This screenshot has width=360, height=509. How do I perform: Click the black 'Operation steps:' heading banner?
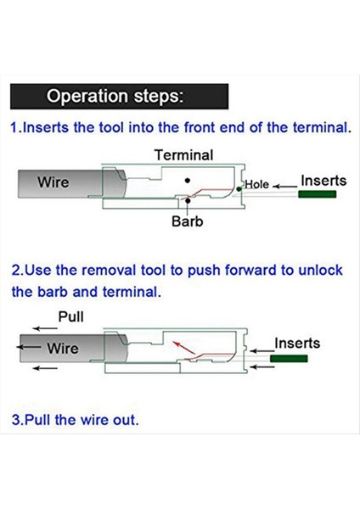[x=119, y=97]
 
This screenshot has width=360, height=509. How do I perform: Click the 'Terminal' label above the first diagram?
[x=184, y=155]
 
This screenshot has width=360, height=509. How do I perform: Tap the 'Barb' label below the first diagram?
[x=188, y=221]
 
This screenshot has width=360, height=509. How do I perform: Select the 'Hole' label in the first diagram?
[x=257, y=184]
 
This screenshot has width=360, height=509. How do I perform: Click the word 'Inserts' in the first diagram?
[x=323, y=181]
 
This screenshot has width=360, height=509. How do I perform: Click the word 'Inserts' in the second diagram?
[x=297, y=343]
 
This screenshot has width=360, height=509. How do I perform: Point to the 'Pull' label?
[x=70, y=316]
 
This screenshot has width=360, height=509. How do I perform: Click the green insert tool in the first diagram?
[x=317, y=194]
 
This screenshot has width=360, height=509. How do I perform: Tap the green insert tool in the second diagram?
[x=289, y=358]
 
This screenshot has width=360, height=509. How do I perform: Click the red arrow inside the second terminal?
[x=183, y=347]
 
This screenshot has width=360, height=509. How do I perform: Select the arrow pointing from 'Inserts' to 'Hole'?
[x=284, y=187]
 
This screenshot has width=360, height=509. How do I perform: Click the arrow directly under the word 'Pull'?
[x=45, y=328]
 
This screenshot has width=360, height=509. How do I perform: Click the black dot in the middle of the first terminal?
[x=187, y=181]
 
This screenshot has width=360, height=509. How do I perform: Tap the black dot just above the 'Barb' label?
[x=188, y=201]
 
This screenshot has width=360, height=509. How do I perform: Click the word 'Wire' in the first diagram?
[x=53, y=182]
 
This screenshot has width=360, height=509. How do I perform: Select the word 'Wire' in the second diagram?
[x=63, y=349]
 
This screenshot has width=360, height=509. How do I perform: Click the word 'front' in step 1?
[x=200, y=127]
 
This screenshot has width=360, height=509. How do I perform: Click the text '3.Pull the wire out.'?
[x=75, y=420]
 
